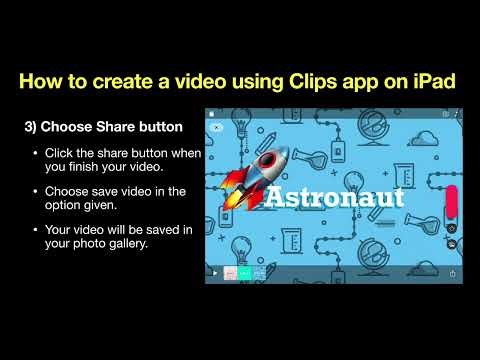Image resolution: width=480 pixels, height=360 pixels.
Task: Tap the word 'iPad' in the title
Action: pyautogui.click(x=433, y=80)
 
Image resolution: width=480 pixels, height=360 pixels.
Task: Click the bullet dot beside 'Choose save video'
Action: pyautogui.click(x=36, y=190)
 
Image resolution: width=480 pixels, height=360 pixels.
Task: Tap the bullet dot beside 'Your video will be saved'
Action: pyautogui.click(x=36, y=228)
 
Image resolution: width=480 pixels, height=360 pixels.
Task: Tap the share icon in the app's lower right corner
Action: pyautogui.click(x=454, y=272)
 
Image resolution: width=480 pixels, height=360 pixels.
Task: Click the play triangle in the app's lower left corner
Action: pyautogui.click(x=213, y=272)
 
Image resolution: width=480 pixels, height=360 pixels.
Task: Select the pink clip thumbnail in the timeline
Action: pyautogui.click(x=230, y=272)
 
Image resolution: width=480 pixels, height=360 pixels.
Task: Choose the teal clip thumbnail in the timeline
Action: pyautogui.click(x=245, y=272)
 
